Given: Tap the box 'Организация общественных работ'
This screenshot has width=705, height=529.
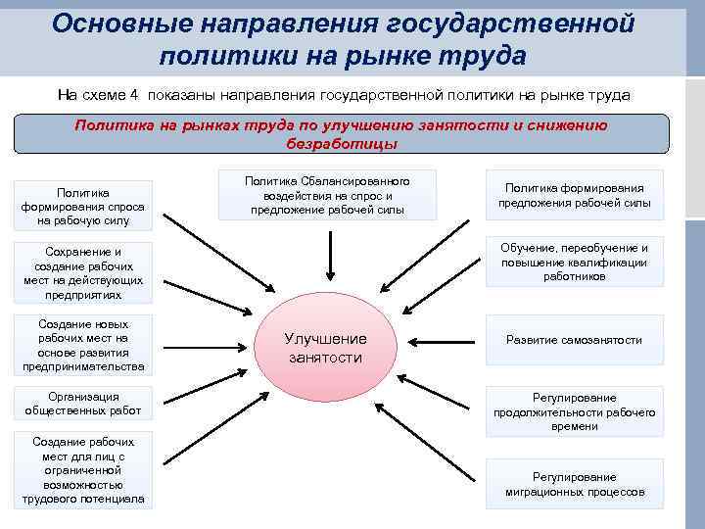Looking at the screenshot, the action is pos(83,404).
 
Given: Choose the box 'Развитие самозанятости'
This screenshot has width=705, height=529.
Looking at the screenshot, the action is pos(574,340).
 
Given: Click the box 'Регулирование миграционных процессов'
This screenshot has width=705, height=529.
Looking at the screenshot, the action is pos(575,484).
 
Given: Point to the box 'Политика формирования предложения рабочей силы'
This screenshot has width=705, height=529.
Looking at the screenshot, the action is pos(574,196).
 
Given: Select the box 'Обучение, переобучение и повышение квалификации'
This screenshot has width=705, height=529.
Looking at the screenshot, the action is pos(574,263).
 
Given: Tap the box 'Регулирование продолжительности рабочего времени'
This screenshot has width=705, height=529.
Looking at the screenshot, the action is pos(574,411).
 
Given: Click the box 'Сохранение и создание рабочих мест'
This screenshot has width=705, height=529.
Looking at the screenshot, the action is pos(83,272).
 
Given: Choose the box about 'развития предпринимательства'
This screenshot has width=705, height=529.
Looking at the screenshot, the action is pos(83,345).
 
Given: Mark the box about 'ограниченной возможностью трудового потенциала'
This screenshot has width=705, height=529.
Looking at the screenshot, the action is pos(83,470).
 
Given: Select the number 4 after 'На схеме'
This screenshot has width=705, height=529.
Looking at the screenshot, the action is pos(135,95).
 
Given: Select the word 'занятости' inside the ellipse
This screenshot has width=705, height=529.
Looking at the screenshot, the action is pos(325,358).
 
